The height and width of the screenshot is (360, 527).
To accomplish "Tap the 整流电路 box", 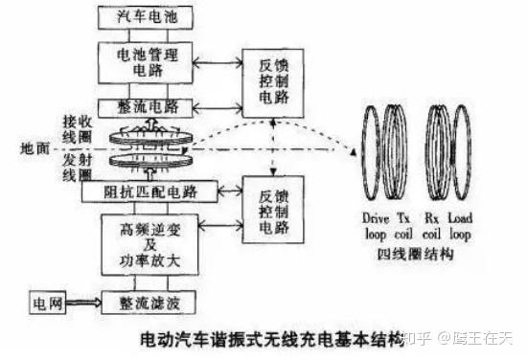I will pos(146,106).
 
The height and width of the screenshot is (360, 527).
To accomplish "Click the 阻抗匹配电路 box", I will pos(145,191).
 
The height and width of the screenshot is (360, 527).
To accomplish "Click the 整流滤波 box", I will pos(146,303).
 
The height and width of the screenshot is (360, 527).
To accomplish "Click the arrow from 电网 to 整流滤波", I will pos(81,303).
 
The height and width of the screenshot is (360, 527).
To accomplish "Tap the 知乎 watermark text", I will pos(416,337).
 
